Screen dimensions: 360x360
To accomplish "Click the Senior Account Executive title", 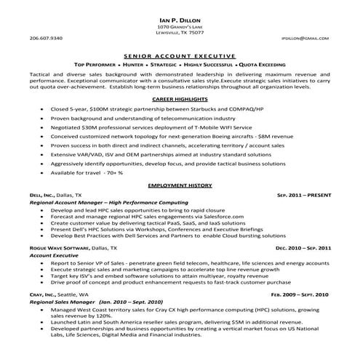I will [180, 55].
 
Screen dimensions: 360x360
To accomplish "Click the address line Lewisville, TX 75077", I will [180, 33].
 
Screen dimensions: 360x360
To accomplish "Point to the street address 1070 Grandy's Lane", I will [180, 26].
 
